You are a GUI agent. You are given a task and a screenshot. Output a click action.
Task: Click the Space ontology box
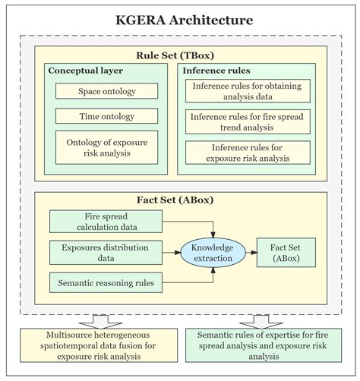pos(106,91)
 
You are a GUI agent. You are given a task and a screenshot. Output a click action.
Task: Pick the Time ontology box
pos(106,116)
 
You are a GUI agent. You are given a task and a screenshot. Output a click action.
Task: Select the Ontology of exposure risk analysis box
pos(106,146)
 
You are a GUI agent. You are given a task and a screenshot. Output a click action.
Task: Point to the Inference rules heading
pos(215,71)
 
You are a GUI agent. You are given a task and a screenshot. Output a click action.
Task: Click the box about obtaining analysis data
pos(248,91)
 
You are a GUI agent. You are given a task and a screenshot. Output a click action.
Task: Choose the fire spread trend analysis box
pos(248,121)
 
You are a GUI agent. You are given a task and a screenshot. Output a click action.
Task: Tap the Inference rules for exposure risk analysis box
pos(248,153)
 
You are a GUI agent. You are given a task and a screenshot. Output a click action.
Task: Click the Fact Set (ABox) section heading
pos(180,200)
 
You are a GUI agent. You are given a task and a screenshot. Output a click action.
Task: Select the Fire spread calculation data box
pos(106,222)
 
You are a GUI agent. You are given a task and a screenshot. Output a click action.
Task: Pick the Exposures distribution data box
pos(106,253)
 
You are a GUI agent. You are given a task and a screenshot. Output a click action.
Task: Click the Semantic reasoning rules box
pos(106,284)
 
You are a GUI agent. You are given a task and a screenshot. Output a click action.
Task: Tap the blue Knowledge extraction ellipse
pos(213,253)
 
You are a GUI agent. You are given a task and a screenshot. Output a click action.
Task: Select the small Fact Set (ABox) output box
pos(285,253)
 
